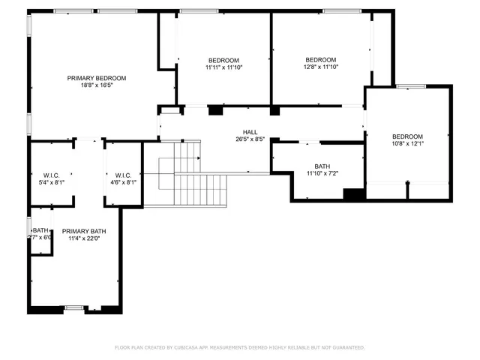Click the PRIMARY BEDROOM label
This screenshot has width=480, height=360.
click(96, 78)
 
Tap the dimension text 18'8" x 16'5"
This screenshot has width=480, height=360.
click(96, 85)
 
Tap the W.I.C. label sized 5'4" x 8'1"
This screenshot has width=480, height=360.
click(51, 175)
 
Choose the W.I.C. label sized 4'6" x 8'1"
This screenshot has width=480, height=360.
click(123, 175)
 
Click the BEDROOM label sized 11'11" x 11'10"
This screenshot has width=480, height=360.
click(223, 60)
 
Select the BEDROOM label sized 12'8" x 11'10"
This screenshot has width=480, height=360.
click(321, 60)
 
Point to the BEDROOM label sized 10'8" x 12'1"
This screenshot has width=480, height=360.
click(407, 136)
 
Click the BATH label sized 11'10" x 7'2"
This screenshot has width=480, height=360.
click(322, 166)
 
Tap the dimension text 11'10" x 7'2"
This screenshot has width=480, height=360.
click(322, 174)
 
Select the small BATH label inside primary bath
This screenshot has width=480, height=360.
click(40, 230)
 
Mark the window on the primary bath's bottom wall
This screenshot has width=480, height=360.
click(73, 307)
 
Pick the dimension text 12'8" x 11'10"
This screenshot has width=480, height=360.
click(321, 67)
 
